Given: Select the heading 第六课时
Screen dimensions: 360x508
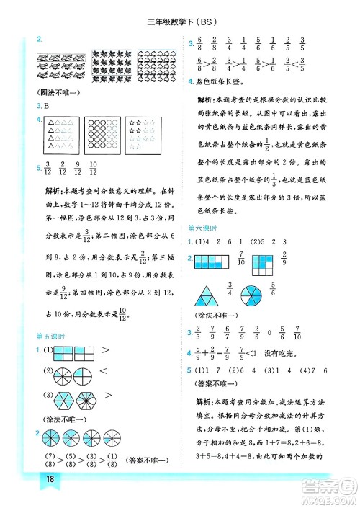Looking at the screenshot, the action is point(203,228).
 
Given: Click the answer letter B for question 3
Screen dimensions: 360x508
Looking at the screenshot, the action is point(48,106).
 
